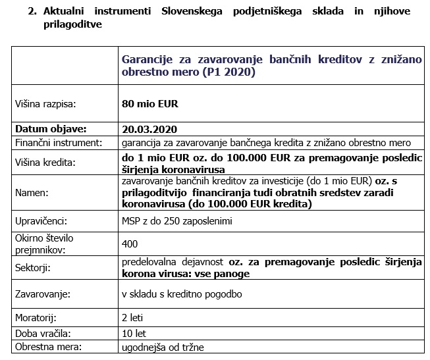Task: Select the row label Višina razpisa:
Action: pyautogui.click(x=45, y=104)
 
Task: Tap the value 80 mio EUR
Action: pyautogui.click(x=150, y=104)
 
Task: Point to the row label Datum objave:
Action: pyautogui.click(x=51, y=129)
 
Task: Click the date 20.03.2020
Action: pyautogui.click(x=149, y=129)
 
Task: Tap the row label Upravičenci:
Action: pyautogui.click(x=41, y=222)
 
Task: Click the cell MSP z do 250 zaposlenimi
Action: pyautogui.click(x=177, y=222)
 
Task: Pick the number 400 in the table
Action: pyautogui.click(x=130, y=244)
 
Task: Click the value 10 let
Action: pyautogui.click(x=134, y=333)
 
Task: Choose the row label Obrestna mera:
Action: pyautogui.click(x=46, y=347)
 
